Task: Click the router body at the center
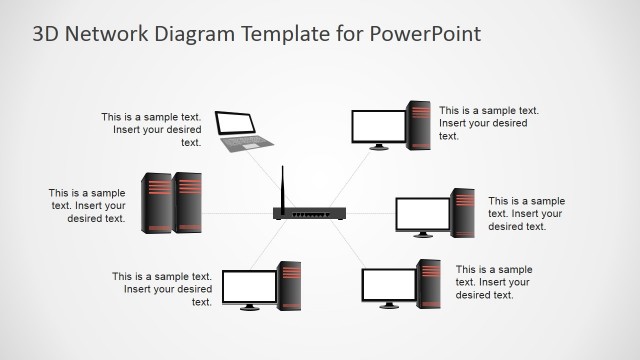click(x=309, y=213)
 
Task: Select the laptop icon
click(x=237, y=131)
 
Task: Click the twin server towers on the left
click(x=171, y=203)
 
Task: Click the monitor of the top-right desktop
click(x=379, y=127)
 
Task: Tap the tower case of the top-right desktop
click(x=418, y=125)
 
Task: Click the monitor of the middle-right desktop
click(x=422, y=214)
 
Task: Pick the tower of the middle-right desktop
click(x=462, y=212)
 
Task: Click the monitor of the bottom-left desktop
click(x=249, y=287)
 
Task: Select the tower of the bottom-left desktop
click(x=289, y=285)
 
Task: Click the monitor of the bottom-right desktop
click(x=388, y=286)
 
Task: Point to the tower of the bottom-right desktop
click(x=428, y=283)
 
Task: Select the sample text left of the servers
click(x=88, y=206)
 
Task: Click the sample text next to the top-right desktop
click(x=489, y=123)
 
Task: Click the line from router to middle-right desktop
click(x=370, y=214)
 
